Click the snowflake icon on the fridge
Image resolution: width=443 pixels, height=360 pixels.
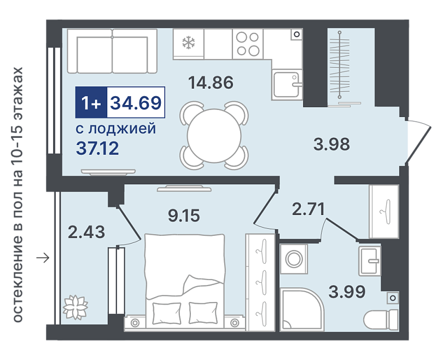pos(189,43)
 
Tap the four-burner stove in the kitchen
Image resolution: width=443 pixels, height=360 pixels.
pos(248,44)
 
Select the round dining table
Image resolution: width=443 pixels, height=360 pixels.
pos(214,136)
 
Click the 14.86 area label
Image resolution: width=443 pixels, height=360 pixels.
pos(211,83)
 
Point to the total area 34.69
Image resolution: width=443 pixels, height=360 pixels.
pos(136,102)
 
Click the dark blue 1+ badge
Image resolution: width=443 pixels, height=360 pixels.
pos(91,102)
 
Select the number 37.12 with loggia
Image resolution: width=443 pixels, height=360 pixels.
pos(97,149)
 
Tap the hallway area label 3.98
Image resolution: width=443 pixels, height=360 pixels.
pos(331,144)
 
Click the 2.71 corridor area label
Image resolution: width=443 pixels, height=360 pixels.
pos(308,209)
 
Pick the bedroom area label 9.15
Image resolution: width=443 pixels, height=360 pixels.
pos(184,216)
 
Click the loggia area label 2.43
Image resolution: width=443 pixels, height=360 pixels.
pos(86,232)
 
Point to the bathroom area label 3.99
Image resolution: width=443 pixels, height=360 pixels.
pos(347,292)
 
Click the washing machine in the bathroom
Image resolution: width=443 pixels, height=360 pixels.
pos(294,259)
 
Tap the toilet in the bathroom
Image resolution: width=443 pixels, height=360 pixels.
pos(381,319)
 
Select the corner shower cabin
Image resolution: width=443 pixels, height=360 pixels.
pos(302,309)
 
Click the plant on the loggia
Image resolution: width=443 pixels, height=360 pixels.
pos(75,307)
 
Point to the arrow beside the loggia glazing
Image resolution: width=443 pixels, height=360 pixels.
pos(43,258)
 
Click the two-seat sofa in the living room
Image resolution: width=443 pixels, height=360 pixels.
pos(112,51)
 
